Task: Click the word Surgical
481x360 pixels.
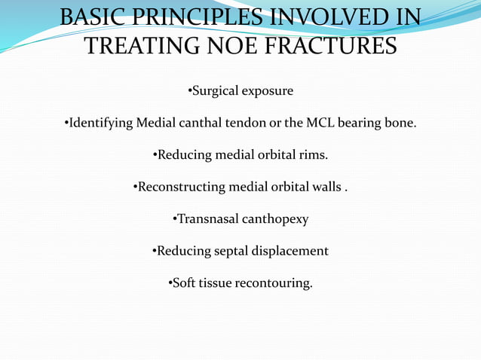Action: (215, 91)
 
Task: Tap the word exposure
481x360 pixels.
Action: (267, 91)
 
